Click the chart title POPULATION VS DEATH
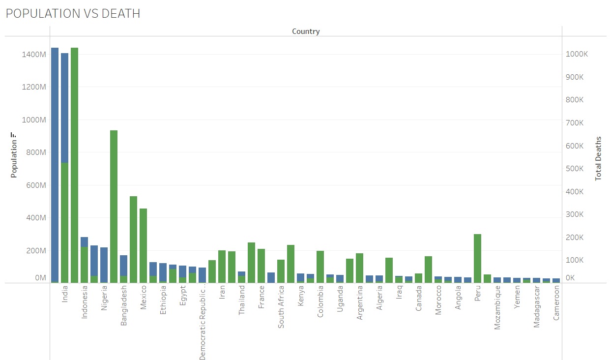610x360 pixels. point(73,14)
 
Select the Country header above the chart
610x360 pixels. point(306,31)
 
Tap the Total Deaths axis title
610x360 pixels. point(598,158)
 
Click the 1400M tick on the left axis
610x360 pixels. point(34,55)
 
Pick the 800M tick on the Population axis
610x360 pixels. point(34,152)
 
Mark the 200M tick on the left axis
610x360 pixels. point(34,250)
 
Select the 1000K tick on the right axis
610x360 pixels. point(577,54)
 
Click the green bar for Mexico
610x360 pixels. point(143,246)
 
